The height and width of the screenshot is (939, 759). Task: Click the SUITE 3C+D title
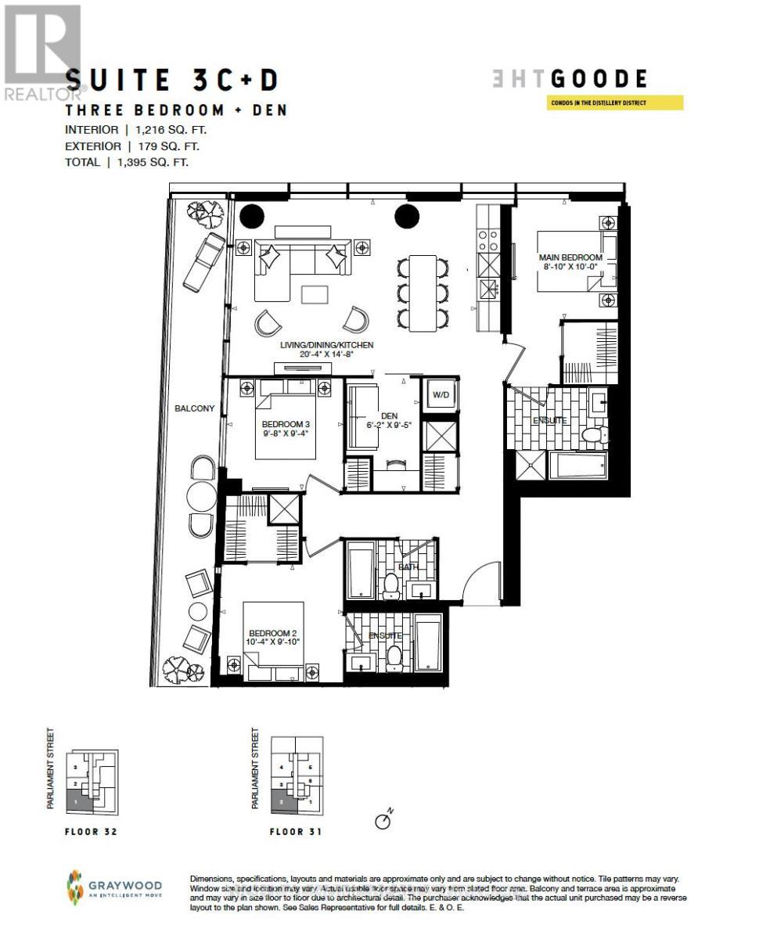pos(172,80)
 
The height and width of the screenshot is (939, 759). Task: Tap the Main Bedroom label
pos(570,257)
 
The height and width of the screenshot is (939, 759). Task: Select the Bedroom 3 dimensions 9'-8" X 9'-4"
pos(286,435)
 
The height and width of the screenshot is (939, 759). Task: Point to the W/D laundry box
pos(441,395)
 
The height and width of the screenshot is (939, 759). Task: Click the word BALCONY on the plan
pos(194,408)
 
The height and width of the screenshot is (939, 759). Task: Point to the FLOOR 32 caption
pos(90,832)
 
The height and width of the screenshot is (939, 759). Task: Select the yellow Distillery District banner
pos(615,103)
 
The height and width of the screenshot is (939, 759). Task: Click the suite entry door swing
pos(480,582)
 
